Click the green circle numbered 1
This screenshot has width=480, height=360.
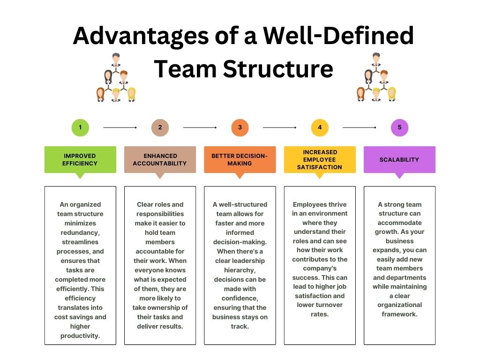point(80,127)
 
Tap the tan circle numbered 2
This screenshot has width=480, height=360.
point(160,127)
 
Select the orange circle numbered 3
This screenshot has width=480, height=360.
point(240,127)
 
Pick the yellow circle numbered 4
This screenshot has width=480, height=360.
point(320,127)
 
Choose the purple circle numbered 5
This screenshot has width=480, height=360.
point(399,127)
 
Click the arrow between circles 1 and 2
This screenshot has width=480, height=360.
point(120,127)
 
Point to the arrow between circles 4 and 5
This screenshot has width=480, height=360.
point(360,127)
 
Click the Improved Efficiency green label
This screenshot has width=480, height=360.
point(80,160)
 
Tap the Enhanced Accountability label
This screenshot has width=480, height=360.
point(160,160)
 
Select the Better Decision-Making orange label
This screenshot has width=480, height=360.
point(240,160)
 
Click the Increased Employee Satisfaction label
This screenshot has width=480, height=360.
point(320,160)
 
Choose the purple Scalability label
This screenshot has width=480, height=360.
point(399,160)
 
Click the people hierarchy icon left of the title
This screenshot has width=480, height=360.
point(116,77)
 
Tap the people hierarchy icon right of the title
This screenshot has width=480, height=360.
point(376,77)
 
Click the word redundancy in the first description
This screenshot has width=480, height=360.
point(80,232)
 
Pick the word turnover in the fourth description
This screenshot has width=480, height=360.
point(320,305)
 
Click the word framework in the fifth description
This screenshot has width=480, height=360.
point(399,314)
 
